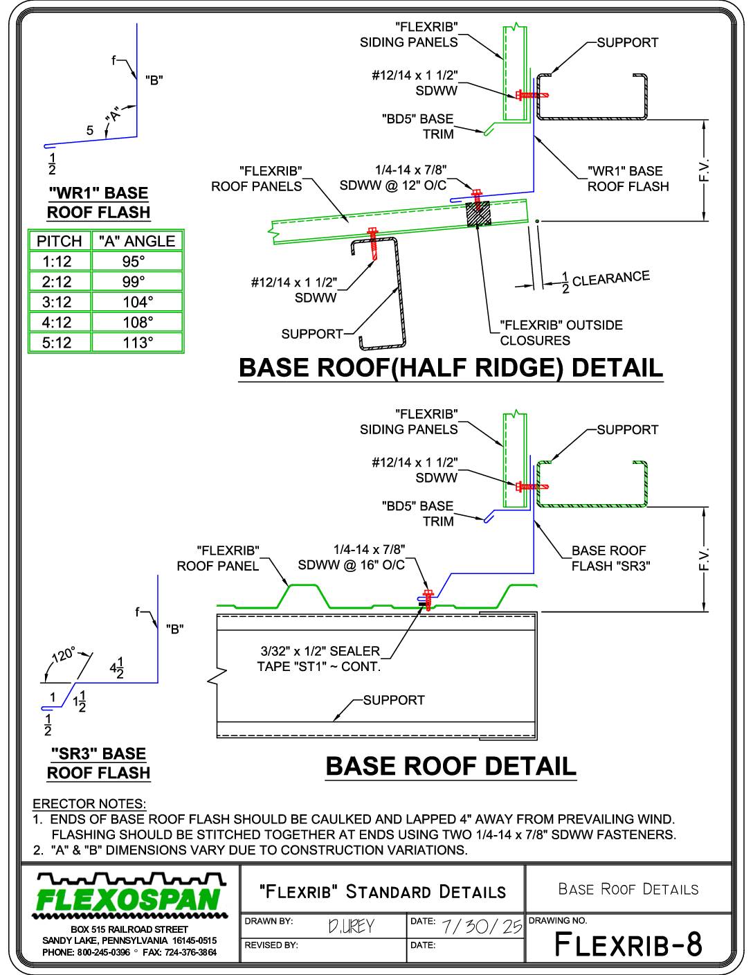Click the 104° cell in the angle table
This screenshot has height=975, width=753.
[137, 302]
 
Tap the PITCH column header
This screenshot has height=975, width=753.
[60, 241]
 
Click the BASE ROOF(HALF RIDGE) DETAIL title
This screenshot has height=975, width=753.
[451, 368]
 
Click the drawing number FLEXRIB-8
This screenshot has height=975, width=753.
[628, 944]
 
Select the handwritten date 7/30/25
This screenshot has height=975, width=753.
[482, 926]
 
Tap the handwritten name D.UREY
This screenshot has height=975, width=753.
[351, 926]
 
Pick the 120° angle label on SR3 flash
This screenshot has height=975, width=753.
[64, 655]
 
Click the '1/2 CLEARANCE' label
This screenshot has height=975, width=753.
[606, 281]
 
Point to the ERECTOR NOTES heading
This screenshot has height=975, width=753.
[89, 803]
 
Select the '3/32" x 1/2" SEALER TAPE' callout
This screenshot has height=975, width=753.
[319, 659]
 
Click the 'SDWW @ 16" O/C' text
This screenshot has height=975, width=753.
[351, 565]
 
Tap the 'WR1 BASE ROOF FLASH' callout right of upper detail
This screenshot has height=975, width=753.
[628, 179]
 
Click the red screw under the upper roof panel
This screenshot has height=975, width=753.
[372, 244]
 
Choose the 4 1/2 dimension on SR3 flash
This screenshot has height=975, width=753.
[116, 668]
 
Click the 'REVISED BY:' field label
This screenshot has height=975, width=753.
[271, 945]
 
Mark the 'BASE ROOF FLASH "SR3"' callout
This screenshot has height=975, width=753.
[610, 558]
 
